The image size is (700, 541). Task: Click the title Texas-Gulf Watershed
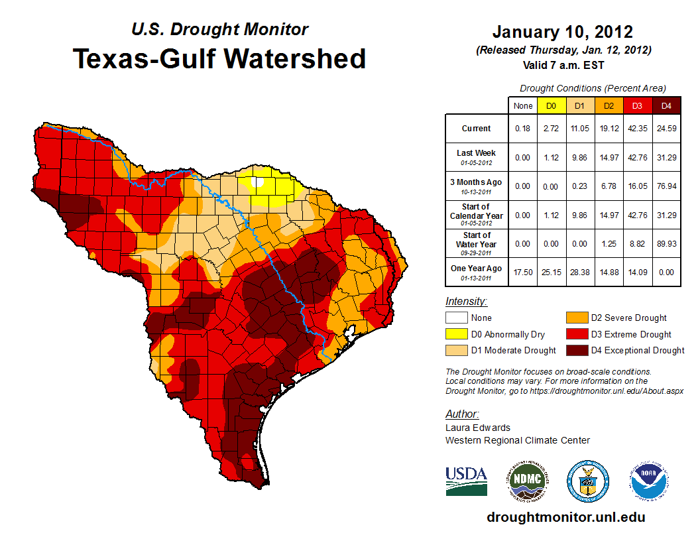point(219,58)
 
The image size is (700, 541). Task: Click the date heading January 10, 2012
point(563,32)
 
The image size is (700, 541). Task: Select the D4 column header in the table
point(667,105)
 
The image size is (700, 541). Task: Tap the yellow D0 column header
point(551,105)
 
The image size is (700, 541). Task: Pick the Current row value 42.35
point(638,129)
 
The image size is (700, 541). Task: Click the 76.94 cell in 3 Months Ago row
point(667,186)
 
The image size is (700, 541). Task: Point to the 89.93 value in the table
point(667,243)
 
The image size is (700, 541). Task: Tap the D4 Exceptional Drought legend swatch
point(575,350)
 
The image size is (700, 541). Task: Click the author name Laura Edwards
point(478,428)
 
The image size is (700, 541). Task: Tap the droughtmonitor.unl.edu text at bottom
point(565,517)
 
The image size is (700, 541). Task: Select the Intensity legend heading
point(467,302)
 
